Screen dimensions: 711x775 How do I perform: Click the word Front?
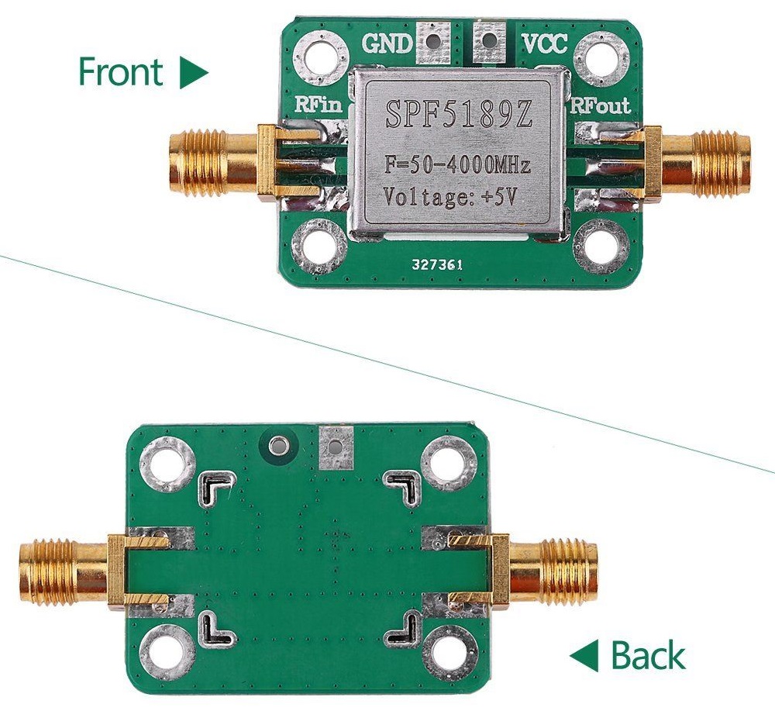tap(120, 71)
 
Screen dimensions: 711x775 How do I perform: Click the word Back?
tap(648, 656)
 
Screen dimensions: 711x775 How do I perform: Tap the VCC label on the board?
tap(544, 43)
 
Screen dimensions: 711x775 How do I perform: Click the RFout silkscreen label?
tap(601, 106)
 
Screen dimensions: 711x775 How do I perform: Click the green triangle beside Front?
tap(193, 72)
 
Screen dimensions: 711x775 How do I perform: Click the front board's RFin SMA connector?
tap(217, 160)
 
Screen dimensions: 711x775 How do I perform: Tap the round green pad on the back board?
tap(277, 445)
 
